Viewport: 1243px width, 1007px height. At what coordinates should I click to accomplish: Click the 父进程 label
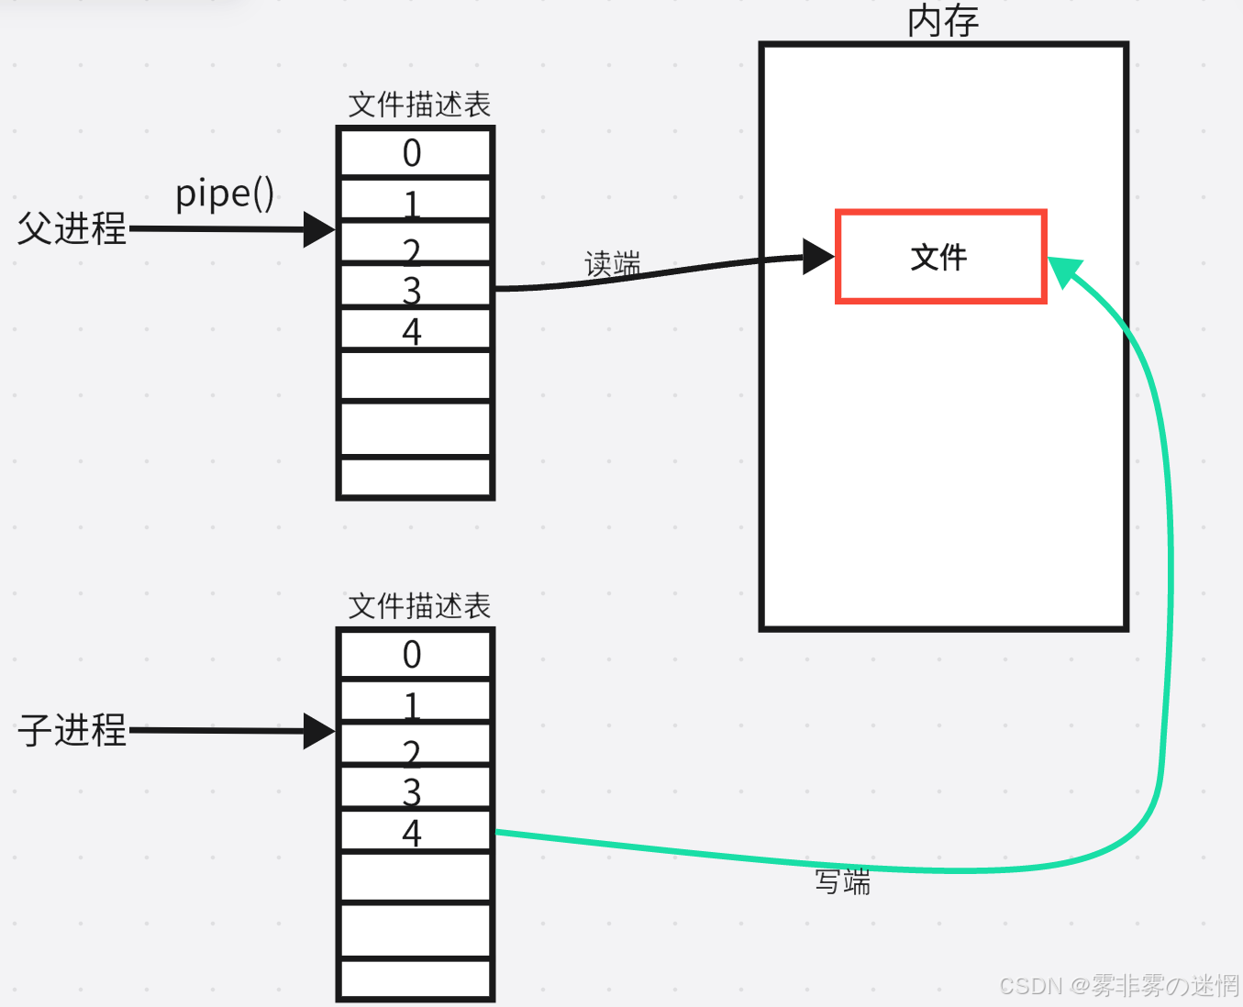[72, 228]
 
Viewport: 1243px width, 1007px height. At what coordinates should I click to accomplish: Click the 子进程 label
[72, 730]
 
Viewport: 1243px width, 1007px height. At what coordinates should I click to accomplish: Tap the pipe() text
[225, 194]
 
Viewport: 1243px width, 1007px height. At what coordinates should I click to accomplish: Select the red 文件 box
[940, 257]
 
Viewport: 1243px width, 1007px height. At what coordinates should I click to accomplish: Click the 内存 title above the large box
[943, 21]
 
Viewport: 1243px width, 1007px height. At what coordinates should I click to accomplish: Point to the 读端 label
[613, 264]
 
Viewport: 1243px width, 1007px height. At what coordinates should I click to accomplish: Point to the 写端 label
[842, 882]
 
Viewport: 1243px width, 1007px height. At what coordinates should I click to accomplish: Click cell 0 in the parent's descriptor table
[416, 152]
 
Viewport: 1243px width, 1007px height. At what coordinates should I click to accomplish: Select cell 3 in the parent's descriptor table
[416, 286]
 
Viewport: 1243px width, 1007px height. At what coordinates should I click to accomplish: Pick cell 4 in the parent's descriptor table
[416, 330]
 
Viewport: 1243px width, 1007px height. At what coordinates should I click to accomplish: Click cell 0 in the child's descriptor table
[416, 654]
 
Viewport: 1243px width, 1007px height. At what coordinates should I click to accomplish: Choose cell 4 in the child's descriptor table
[416, 832]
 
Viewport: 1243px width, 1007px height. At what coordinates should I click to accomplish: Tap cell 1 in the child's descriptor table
[416, 702]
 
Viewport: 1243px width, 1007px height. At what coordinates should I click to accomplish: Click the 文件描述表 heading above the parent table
[419, 105]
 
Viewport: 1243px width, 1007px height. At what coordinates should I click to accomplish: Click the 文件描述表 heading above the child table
[419, 606]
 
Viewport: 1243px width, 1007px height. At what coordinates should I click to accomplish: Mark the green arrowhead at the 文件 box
[1063, 271]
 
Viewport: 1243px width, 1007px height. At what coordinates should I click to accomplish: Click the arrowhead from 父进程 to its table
[318, 229]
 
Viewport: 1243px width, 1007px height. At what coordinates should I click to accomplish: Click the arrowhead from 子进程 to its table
[318, 731]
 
